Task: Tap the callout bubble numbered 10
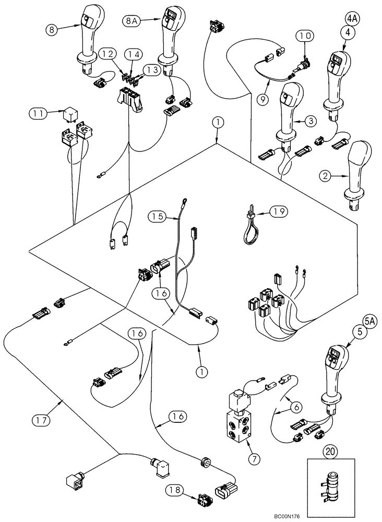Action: coord(305,36)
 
